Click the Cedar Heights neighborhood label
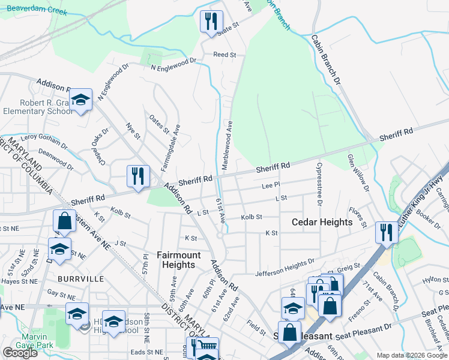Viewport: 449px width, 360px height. (x=322, y=222)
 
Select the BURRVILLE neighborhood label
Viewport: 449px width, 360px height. (x=81, y=279)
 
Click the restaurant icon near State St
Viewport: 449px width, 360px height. (x=211, y=22)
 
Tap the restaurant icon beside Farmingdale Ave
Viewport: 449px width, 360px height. (x=138, y=176)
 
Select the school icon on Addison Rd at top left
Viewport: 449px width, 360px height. (x=80, y=100)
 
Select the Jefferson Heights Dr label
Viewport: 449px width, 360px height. (x=285, y=265)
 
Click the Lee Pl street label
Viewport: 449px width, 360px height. (x=268, y=186)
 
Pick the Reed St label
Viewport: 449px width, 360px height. (x=224, y=55)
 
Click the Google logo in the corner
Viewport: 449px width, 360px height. (x=20, y=352)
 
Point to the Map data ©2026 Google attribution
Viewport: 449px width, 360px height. (x=411, y=355)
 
